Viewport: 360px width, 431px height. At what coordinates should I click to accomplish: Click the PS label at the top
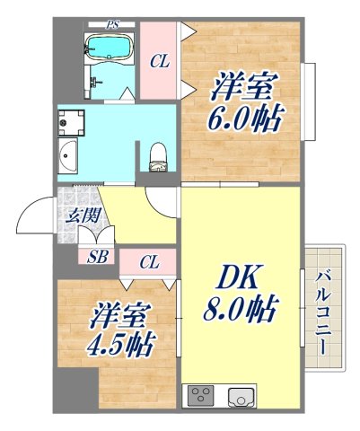112,24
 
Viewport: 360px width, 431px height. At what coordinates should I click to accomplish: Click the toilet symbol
158,156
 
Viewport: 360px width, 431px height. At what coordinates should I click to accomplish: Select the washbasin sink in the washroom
68,158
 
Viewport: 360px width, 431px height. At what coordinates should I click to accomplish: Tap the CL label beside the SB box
149,262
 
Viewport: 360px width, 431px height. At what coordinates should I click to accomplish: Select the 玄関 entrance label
74,215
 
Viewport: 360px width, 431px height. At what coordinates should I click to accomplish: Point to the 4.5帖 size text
121,343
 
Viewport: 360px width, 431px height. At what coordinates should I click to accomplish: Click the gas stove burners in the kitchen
199,395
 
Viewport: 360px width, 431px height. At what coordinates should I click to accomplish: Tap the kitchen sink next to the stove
241,395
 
